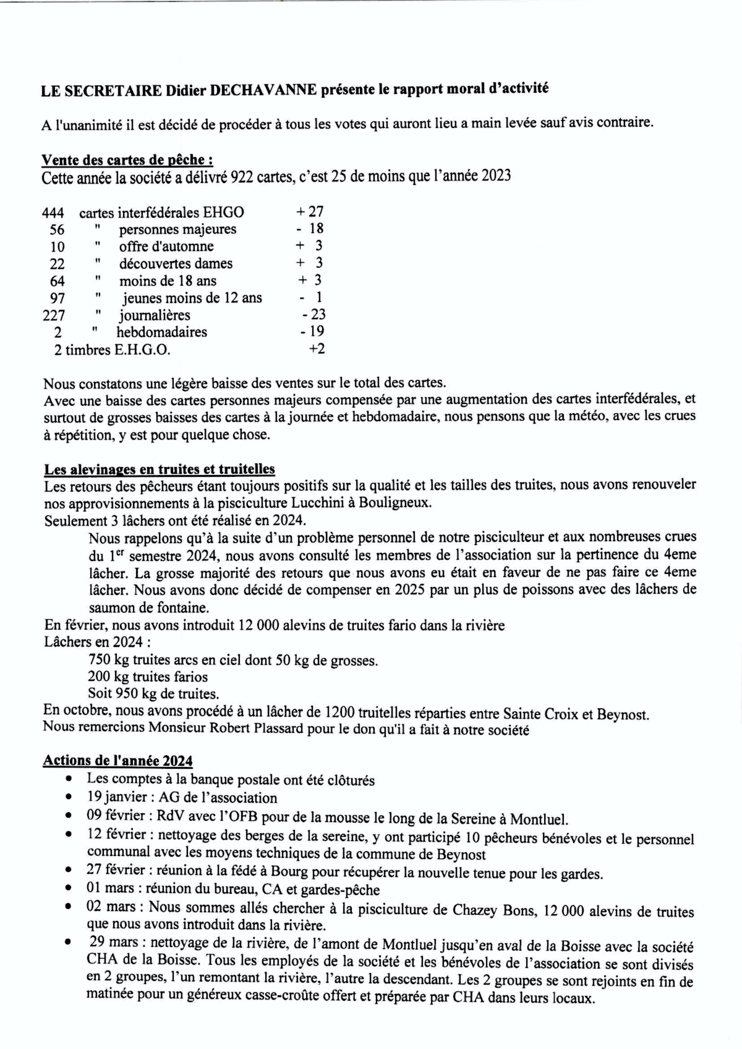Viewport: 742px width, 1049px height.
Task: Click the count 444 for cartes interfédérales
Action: (53, 212)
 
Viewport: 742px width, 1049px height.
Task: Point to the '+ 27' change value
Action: (310, 211)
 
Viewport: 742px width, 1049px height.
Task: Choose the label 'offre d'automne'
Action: (166, 246)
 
